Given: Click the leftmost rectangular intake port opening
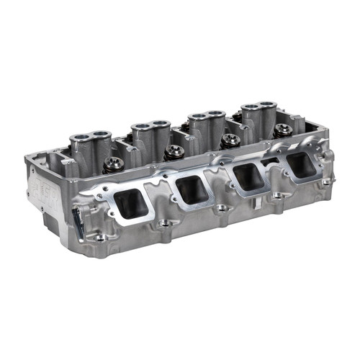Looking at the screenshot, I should (x=131, y=204).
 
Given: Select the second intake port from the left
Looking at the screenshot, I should (x=192, y=189).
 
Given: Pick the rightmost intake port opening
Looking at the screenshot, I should (x=300, y=165).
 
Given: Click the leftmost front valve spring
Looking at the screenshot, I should (x=114, y=164).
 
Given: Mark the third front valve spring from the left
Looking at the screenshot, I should (x=230, y=140).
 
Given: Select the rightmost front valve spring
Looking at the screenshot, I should (x=283, y=130).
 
